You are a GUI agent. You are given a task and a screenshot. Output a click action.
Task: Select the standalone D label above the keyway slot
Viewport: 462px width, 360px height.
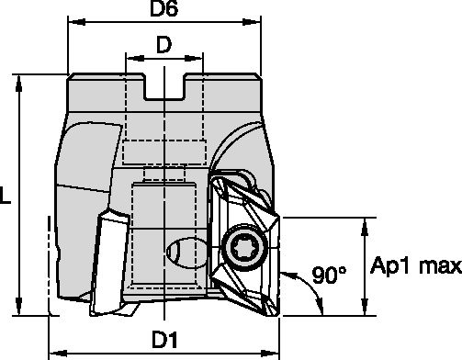(x=163, y=45)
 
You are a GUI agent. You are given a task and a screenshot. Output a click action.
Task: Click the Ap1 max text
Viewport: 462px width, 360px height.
(x=414, y=266)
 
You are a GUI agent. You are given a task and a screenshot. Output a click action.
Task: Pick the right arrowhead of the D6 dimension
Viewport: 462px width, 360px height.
(x=260, y=28)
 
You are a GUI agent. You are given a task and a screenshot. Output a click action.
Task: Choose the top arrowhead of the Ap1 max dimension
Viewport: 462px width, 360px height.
(x=368, y=222)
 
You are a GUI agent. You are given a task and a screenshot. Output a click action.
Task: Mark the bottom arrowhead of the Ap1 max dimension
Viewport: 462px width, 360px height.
(x=368, y=310)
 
